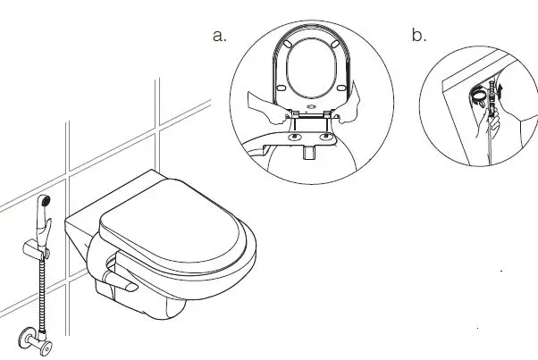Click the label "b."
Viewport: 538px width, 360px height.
(x=419, y=36)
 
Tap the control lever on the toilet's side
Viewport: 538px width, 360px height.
(x=119, y=282)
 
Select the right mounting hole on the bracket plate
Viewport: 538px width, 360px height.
(x=324, y=138)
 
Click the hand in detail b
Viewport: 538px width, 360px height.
(x=490, y=125)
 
